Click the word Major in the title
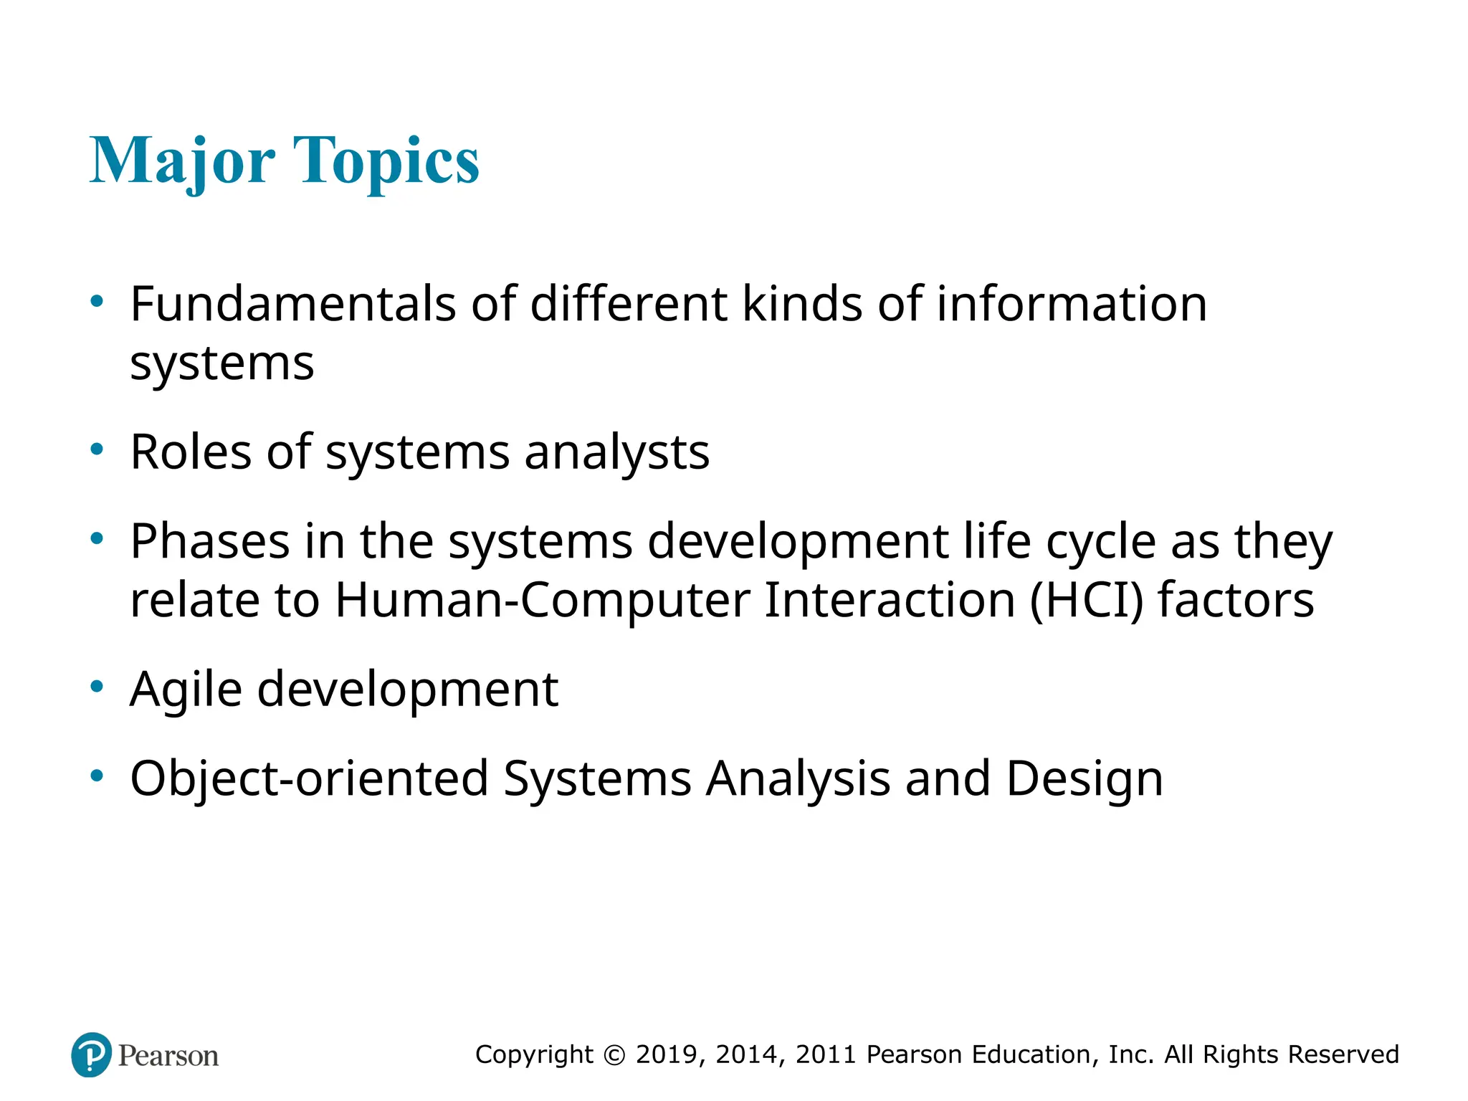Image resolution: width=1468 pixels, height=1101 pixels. (182, 161)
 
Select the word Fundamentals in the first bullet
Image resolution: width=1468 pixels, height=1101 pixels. (292, 304)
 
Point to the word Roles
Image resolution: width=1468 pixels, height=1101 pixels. (191, 452)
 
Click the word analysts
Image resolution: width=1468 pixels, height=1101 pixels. (616, 452)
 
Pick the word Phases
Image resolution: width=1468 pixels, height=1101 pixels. (210, 541)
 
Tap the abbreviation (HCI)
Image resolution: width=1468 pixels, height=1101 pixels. (1086, 600)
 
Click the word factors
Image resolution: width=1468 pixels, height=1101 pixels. (1236, 600)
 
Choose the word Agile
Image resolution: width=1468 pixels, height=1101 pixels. (186, 690)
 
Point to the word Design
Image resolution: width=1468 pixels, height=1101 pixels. (1084, 778)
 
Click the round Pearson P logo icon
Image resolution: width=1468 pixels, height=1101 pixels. (92, 1054)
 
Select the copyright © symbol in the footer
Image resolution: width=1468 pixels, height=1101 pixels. (614, 1054)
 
